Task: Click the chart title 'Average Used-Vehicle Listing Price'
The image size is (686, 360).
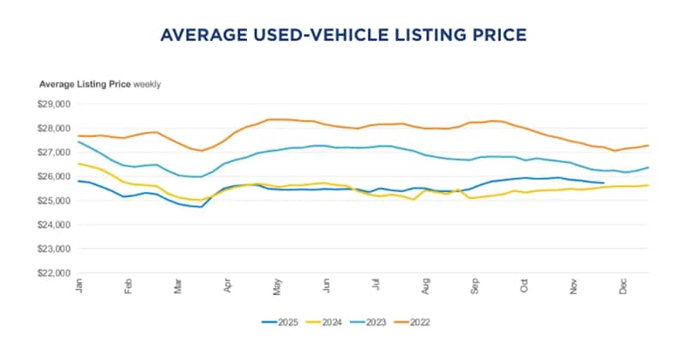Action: (x=343, y=35)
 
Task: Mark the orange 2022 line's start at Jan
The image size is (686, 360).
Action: (x=78, y=136)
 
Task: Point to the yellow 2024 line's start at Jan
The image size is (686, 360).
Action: (x=78, y=164)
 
